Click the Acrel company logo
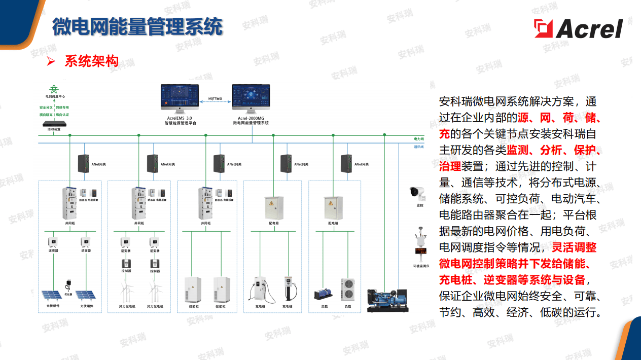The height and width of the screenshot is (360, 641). (x=578, y=29)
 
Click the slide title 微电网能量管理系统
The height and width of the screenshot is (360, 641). (x=137, y=26)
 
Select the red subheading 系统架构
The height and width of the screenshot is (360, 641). (x=91, y=62)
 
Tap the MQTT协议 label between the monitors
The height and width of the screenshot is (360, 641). (x=216, y=98)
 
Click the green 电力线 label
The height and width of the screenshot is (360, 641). (x=418, y=138)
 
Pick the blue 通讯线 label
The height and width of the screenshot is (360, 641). (x=418, y=147)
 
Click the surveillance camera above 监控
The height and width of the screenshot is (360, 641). (x=417, y=193)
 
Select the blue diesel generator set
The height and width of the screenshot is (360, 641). (x=386, y=299)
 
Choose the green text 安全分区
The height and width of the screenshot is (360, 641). (x=46, y=107)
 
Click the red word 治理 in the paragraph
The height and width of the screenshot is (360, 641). (x=450, y=166)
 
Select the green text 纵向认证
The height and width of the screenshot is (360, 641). (x=62, y=115)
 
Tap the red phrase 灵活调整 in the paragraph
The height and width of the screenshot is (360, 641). (x=574, y=247)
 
